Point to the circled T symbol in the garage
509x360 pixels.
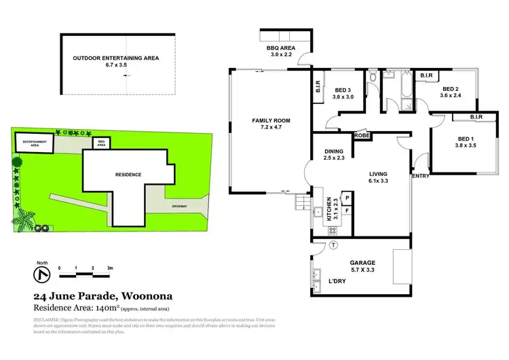click(x=333, y=245)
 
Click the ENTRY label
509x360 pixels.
click(x=421, y=176)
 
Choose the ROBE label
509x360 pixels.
click(x=361, y=135)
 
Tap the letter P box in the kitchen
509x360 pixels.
click(x=347, y=198)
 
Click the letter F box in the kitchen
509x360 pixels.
click(x=347, y=211)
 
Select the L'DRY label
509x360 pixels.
click(x=339, y=281)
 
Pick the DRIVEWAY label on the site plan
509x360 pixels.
click(x=180, y=204)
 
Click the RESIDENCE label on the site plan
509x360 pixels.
click(x=128, y=175)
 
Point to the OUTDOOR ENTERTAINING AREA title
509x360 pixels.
click(x=115, y=58)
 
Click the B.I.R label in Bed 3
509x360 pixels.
click(x=318, y=88)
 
